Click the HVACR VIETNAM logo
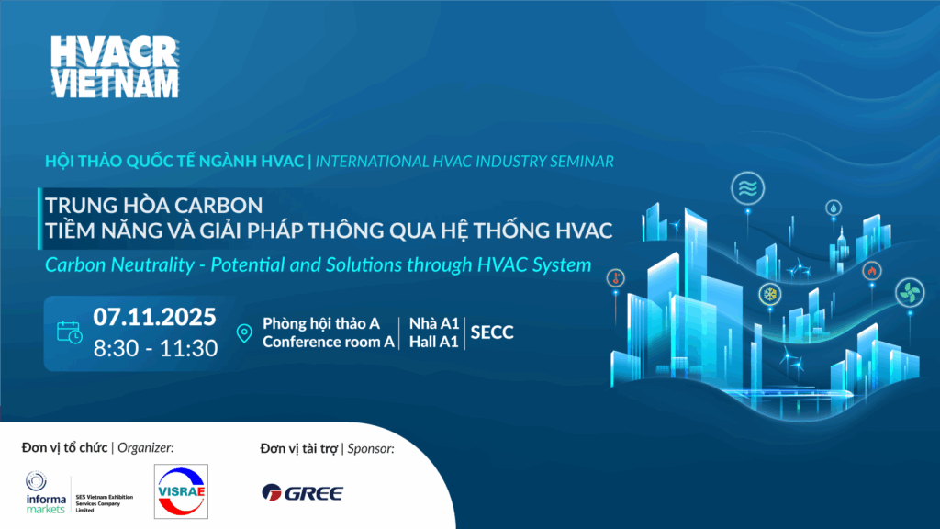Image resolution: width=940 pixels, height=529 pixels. (115, 66)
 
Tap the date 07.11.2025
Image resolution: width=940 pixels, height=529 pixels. (154, 317)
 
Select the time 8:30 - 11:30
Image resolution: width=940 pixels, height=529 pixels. (155, 348)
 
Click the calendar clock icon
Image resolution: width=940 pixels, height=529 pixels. (70, 332)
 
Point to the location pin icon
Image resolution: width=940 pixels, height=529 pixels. (244, 333)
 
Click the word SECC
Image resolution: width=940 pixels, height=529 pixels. (492, 332)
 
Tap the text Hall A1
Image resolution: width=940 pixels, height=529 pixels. (434, 342)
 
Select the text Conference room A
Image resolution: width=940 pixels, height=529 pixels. (329, 342)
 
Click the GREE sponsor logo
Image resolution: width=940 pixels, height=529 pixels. (303, 493)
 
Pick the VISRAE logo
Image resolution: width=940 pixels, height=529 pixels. (181, 491)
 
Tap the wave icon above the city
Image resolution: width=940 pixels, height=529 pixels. (747, 188)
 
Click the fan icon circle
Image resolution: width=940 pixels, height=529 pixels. (910, 293)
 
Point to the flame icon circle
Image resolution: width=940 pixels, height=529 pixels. (872, 271)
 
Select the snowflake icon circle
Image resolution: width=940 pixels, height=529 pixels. (770, 295)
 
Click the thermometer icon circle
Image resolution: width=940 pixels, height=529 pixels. (616, 278)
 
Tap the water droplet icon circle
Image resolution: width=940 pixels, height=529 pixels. (834, 208)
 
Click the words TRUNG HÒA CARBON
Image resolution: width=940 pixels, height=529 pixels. (154, 206)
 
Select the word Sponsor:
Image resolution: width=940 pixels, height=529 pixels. (371, 448)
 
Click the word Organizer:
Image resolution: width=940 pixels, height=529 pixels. (146, 448)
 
